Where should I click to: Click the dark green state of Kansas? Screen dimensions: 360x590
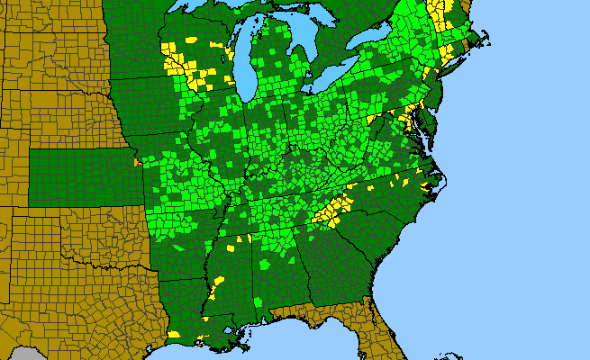point(81,176)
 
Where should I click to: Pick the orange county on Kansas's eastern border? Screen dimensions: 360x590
point(135,164)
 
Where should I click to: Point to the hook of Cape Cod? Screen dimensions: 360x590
point(486,36)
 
